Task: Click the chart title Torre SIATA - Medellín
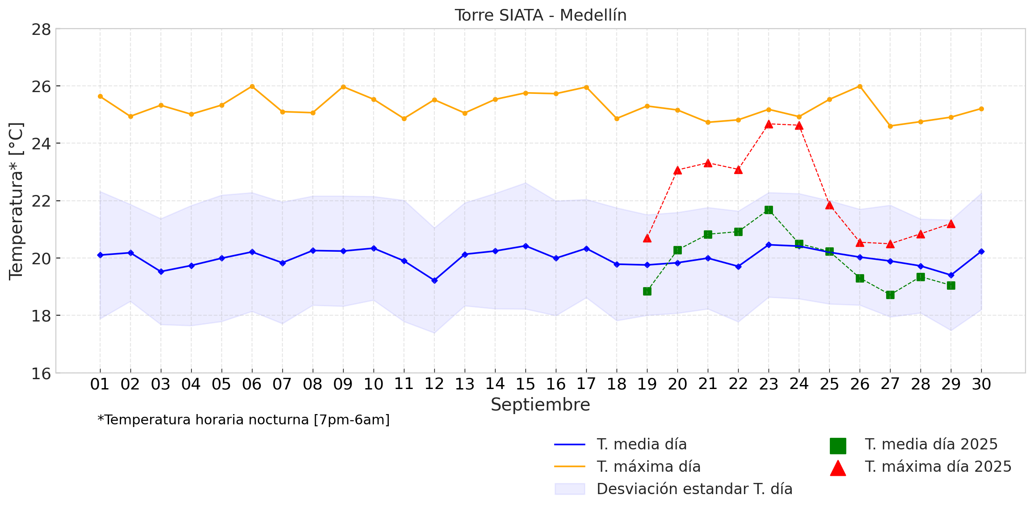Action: point(540,15)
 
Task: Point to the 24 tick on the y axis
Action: point(41,144)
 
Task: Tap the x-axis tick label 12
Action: point(434,384)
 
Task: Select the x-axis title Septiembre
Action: point(540,405)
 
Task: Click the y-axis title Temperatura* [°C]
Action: point(16,201)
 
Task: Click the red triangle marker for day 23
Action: point(769,124)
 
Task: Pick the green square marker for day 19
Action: point(647,292)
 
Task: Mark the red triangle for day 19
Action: point(647,238)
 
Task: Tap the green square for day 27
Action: point(890,295)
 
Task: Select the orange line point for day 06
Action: point(252,86)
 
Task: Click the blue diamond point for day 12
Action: point(434,280)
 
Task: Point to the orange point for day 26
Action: point(860,86)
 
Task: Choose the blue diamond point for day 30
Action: point(981,252)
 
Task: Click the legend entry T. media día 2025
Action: point(931,444)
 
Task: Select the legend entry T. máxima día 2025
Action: point(938,467)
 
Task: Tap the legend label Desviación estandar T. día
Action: point(694,489)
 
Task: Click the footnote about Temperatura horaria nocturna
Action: point(244,420)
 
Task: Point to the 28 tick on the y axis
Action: point(41,30)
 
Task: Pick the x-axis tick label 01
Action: point(100,384)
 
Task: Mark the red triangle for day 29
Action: point(951,224)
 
